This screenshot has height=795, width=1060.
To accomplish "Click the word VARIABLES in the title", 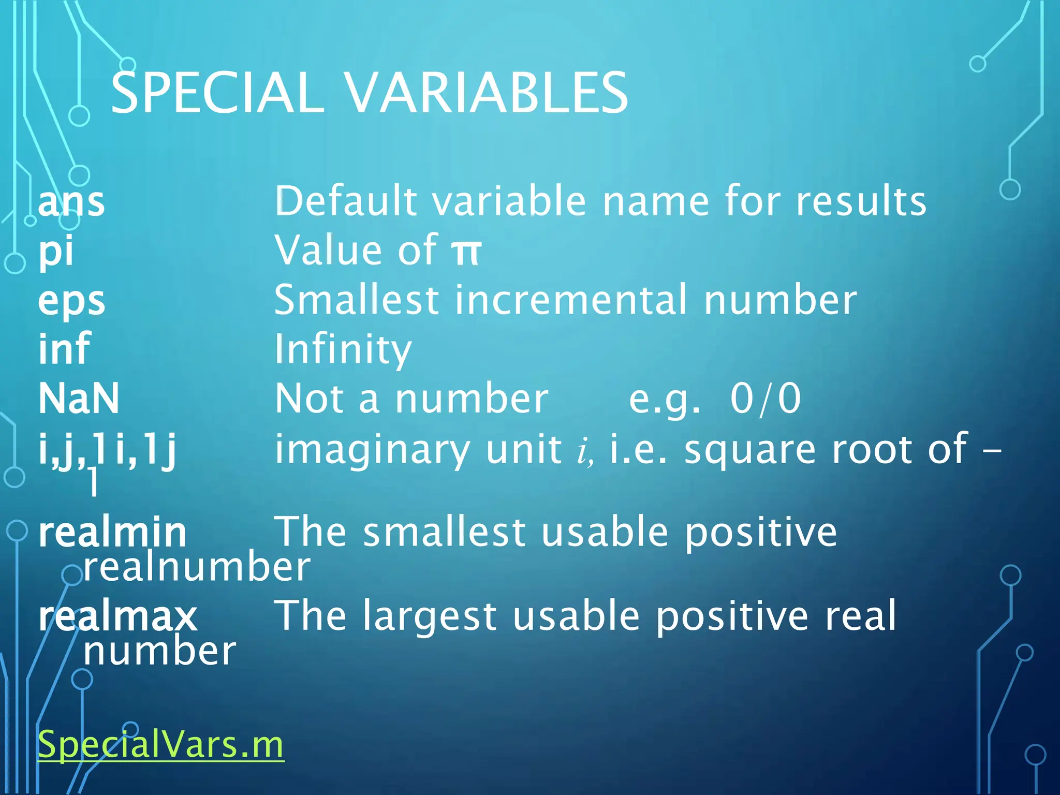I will pos(486,93).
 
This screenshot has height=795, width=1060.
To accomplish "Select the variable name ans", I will pos(71,201).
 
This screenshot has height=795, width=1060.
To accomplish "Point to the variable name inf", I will pos(65,348).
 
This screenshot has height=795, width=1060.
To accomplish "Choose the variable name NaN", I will pos(79,398).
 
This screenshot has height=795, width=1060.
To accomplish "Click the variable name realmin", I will pos(112,533).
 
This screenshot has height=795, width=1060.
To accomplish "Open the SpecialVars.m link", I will pos(161,744).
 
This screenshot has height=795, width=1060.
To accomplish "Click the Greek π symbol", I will pos(466,252).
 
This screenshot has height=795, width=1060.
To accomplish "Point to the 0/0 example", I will pos(765,399).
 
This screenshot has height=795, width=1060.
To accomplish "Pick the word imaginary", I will pos(372,449).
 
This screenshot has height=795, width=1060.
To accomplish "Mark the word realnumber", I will pos(197,567).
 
